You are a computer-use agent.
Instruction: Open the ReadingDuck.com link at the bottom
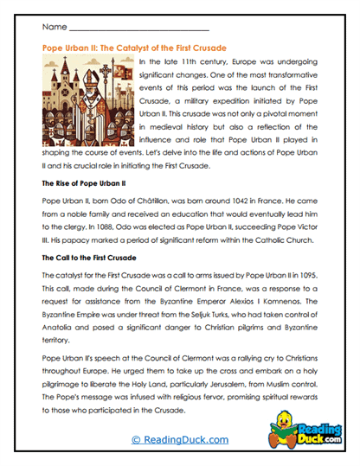coord(179,440)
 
